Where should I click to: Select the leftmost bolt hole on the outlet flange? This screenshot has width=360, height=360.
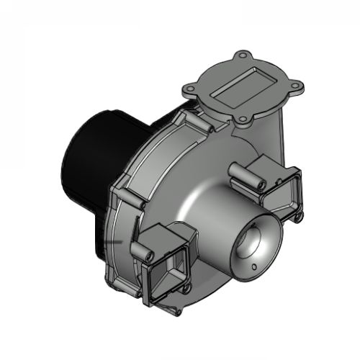click(189, 89)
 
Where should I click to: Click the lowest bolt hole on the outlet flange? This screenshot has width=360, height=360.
click(243, 120)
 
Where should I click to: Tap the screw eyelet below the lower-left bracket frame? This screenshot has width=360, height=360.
click(186, 289)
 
